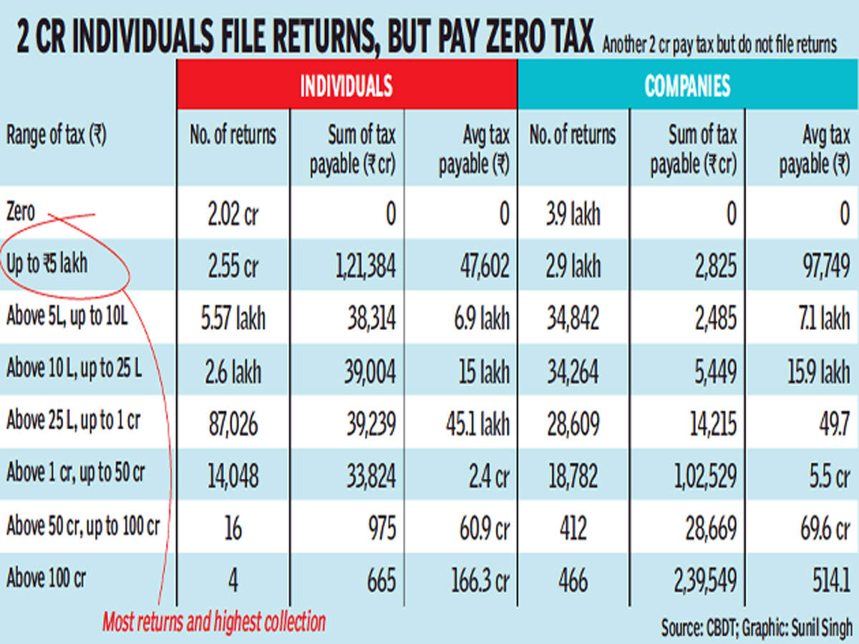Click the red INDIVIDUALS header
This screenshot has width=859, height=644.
tap(346, 86)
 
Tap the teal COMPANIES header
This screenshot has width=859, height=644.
tap(687, 86)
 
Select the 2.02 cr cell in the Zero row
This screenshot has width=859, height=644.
tap(233, 214)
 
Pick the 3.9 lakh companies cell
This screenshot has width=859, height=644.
tap(573, 214)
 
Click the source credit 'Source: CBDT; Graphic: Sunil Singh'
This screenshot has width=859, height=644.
tap(757, 628)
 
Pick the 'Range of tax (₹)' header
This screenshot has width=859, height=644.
tap(56, 136)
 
